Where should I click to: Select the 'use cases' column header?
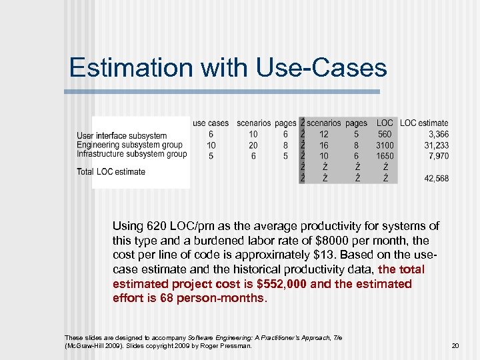click(x=211, y=123)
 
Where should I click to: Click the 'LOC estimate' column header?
click(x=424, y=123)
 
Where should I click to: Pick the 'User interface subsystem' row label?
click(x=122, y=136)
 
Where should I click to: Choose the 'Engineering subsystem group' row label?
click(x=129, y=145)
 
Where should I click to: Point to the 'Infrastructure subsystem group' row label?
click(x=132, y=154)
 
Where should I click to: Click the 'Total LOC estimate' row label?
click(x=111, y=172)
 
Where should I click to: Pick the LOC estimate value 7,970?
click(x=437, y=156)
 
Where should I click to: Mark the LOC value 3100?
click(x=385, y=145)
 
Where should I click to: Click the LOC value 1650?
click(x=385, y=156)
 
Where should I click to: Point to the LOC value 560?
click(x=385, y=135)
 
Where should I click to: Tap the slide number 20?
click(x=455, y=345)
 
